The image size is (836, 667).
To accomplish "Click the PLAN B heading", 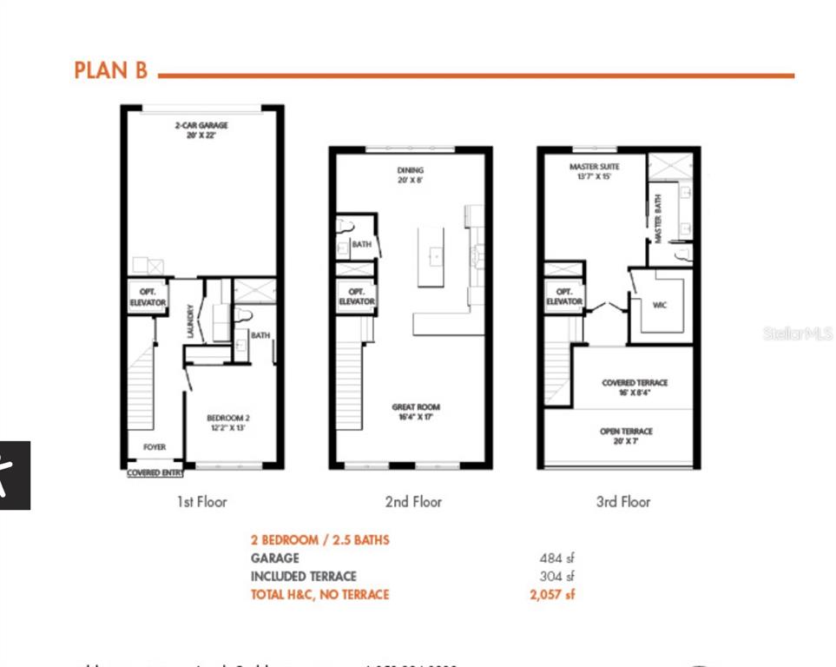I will pyautogui.click(x=111, y=70).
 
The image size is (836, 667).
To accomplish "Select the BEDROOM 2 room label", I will pyautogui.click(x=227, y=423).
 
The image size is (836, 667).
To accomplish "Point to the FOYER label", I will pyautogui.click(x=155, y=447).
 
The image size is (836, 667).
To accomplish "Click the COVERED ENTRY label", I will pyautogui.click(x=155, y=473).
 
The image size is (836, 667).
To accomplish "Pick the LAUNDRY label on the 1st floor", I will pyautogui.click(x=191, y=320).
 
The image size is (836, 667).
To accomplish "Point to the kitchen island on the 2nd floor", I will pyautogui.click(x=431, y=256).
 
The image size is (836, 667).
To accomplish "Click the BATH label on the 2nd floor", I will pyautogui.click(x=361, y=245).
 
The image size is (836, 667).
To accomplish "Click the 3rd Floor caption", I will pyautogui.click(x=622, y=501).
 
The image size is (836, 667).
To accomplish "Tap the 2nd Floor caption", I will pyautogui.click(x=414, y=501).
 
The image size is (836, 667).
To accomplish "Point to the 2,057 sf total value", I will pyautogui.click(x=552, y=595).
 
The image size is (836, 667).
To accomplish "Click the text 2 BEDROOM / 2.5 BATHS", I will pyautogui.click(x=320, y=540).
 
